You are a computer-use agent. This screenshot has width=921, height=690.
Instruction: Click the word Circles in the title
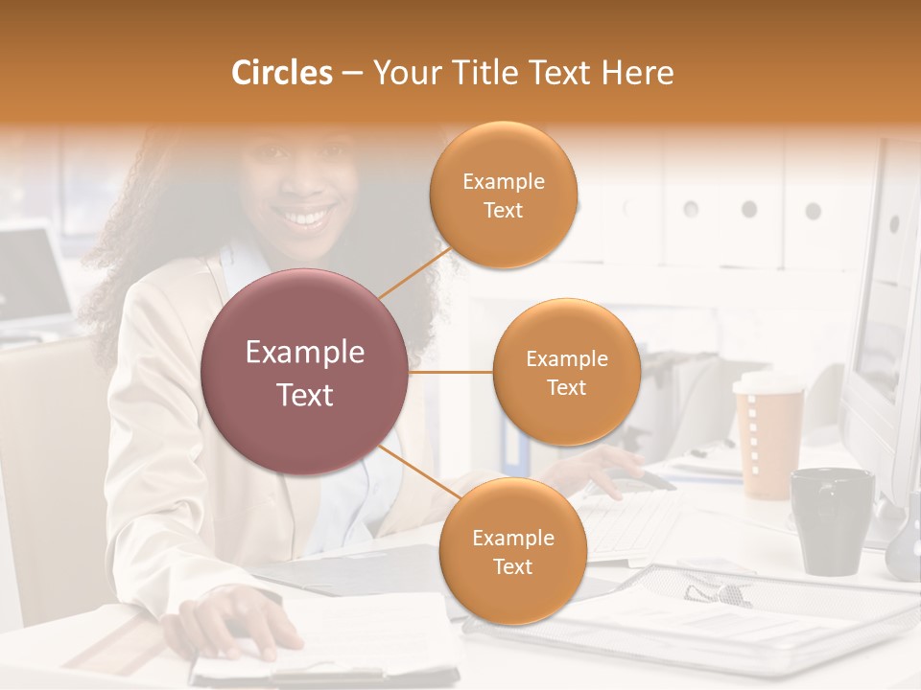pos(281,73)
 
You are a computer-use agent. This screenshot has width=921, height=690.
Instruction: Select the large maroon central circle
pos(305,372)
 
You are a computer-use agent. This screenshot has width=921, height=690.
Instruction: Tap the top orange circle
pos(503,195)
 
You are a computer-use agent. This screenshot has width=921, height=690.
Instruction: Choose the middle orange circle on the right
pos(566,372)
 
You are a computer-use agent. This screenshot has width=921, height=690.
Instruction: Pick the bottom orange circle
pos(512,551)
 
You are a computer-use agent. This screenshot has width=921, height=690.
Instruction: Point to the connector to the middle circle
pos(451,372)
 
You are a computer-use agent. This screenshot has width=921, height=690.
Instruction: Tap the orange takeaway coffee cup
pos(768,446)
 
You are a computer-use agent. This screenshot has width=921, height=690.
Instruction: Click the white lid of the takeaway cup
pos(767,382)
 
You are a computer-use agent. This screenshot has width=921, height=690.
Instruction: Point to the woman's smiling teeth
pos(308,218)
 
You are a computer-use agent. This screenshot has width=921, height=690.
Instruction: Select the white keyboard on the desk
pos(633,522)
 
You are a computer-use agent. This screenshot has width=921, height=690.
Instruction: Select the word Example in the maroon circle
pos(305,353)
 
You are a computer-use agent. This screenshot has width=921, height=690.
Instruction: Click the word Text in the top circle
pos(503,210)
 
